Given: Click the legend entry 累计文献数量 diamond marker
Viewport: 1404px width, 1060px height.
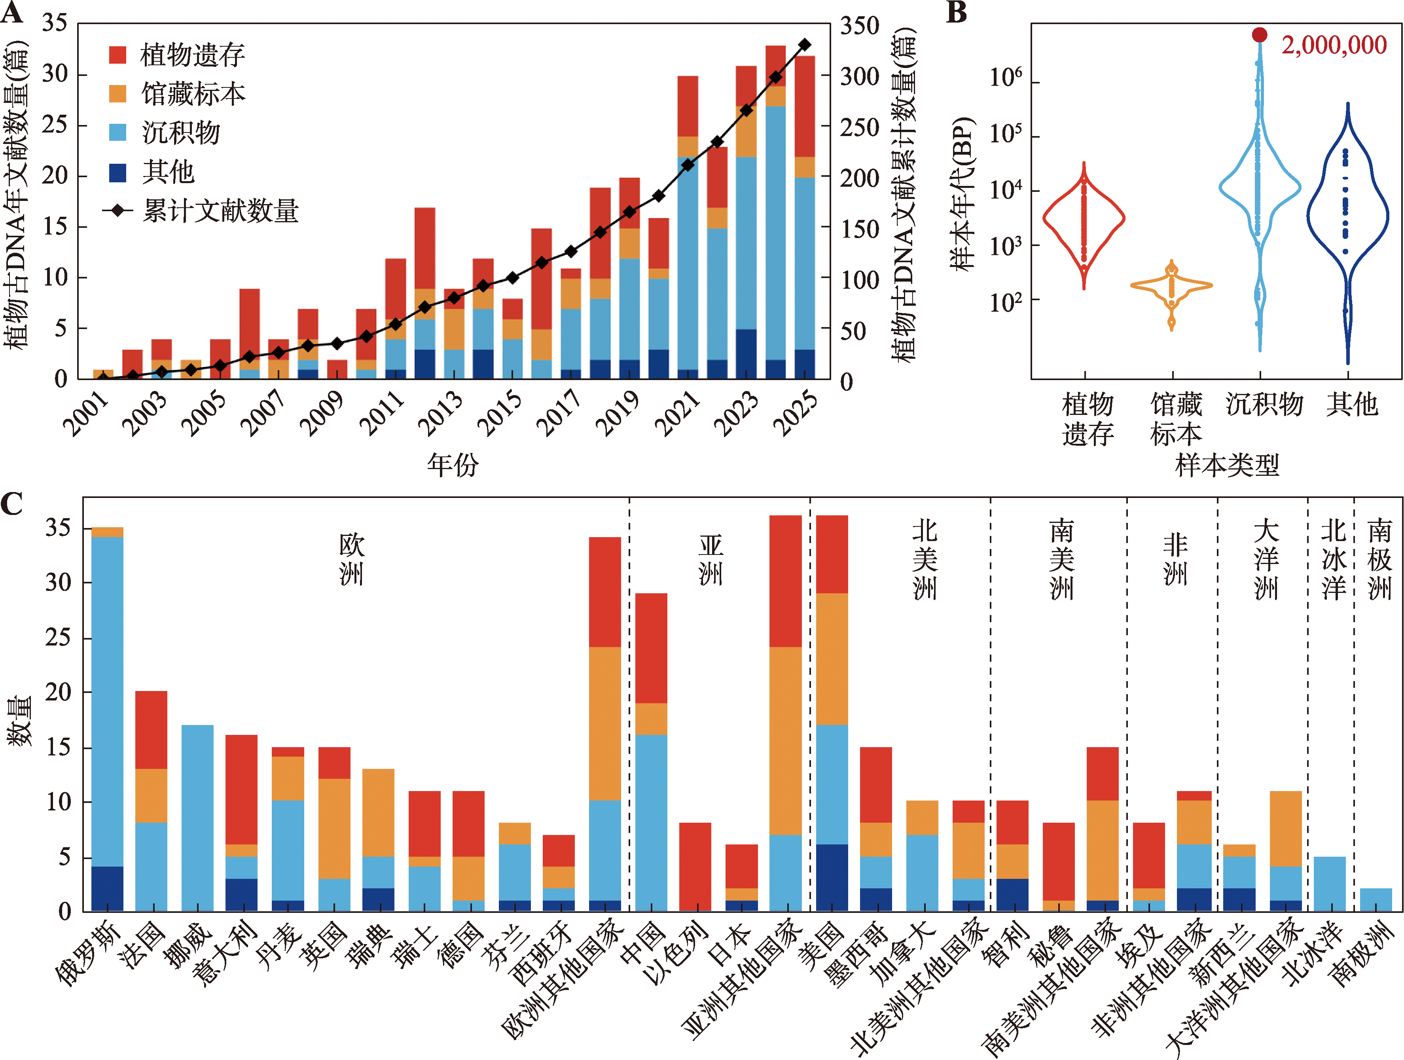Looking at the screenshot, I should [x=117, y=210].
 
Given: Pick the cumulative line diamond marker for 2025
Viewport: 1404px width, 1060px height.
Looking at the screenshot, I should [x=805, y=44].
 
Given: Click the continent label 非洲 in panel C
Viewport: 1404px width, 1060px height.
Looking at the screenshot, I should [x=1175, y=558].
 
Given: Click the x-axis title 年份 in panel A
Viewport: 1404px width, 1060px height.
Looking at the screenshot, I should [x=453, y=465].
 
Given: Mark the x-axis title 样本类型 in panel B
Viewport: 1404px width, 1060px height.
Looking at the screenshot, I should [x=1226, y=465].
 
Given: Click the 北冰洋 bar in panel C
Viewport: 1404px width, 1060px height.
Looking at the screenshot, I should [x=1329, y=884].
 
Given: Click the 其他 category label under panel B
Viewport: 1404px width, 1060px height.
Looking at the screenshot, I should [x=1352, y=404].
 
